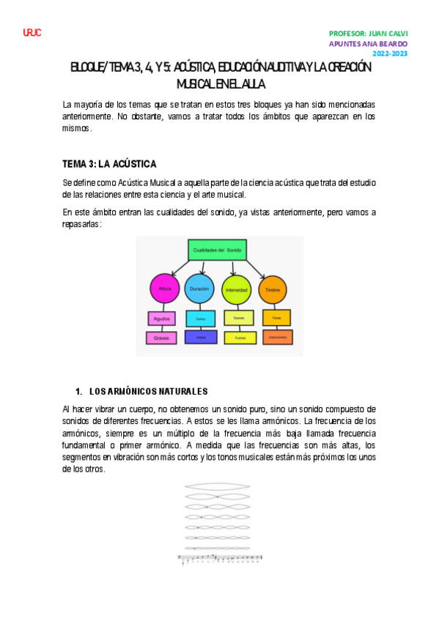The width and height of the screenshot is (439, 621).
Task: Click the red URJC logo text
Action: tap(32, 33)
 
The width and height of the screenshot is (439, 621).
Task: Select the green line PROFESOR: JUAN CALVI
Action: tap(369, 33)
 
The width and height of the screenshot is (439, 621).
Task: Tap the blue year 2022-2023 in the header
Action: tap(391, 53)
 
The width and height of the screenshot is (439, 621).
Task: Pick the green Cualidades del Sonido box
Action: tap(218, 250)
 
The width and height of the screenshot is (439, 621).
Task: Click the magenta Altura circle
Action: tap(164, 289)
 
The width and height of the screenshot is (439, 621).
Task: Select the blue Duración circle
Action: tap(199, 289)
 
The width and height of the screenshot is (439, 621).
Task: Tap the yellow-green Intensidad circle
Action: tap(235, 289)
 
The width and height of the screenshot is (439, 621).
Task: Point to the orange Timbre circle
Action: tap(272, 289)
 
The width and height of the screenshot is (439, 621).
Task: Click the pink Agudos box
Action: tap(161, 319)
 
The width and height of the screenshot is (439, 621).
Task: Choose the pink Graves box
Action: tap(161, 338)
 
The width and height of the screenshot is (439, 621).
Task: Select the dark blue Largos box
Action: tap(200, 337)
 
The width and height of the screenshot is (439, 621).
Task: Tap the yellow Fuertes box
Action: tap(239, 338)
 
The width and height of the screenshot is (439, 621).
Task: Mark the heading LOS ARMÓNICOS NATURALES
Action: tap(153, 390)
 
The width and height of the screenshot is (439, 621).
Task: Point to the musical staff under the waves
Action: tap(221, 560)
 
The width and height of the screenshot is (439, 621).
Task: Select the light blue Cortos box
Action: tap(200, 319)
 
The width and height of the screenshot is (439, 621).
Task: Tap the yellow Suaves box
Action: tap(239, 319)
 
